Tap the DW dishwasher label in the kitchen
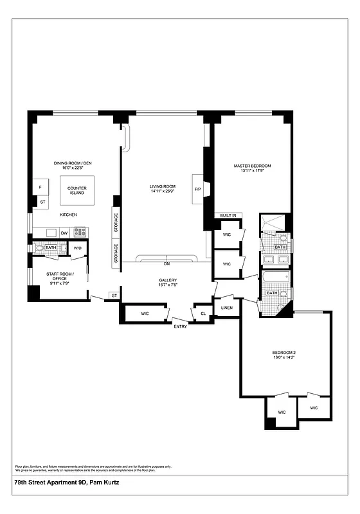tap(64, 233)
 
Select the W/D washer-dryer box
tap(78, 248)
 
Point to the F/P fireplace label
tap(197, 189)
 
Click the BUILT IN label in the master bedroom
tap(228, 215)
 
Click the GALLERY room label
tap(167, 280)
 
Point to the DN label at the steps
tap(166, 264)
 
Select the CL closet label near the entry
tap(203, 314)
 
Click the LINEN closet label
tap(226, 308)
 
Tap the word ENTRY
tap(181, 326)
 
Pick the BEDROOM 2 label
tap(283, 353)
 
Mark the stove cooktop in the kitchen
tap(80, 232)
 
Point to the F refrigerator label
tap(40, 188)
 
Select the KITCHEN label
tap(69, 214)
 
